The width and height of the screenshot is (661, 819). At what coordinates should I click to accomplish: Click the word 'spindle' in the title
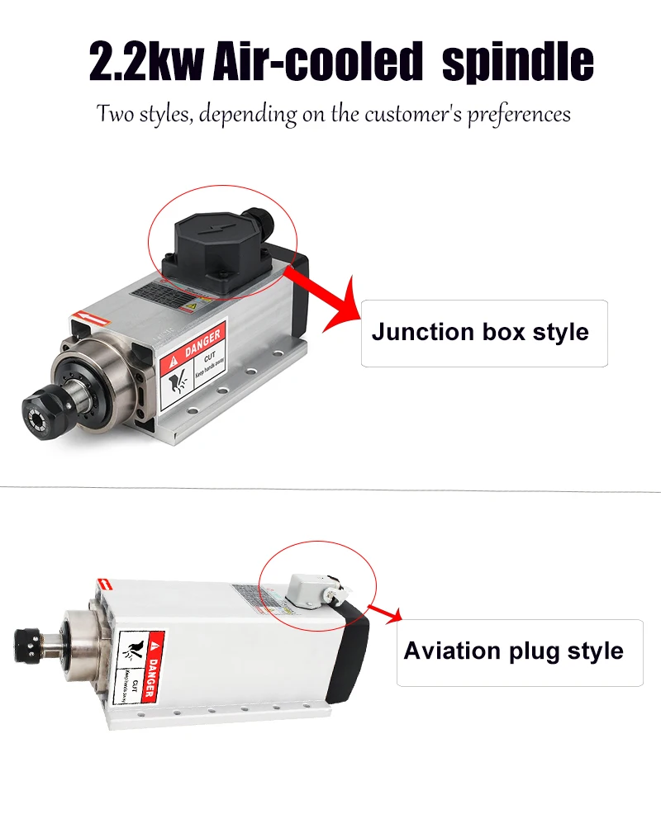pos(518,61)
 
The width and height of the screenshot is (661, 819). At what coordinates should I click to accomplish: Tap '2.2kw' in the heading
pos(145,61)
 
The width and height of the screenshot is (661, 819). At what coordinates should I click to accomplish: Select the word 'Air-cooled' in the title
pos(317,61)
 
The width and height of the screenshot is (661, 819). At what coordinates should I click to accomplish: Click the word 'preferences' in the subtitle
pos(519,113)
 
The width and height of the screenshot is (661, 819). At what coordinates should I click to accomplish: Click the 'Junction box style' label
pos(480,333)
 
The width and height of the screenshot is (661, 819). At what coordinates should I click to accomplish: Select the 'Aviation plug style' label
pos(513,651)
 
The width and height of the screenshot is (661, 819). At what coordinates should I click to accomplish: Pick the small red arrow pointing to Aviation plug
pos(387,613)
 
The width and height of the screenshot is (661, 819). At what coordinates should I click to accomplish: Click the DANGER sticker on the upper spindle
pos(192,366)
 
